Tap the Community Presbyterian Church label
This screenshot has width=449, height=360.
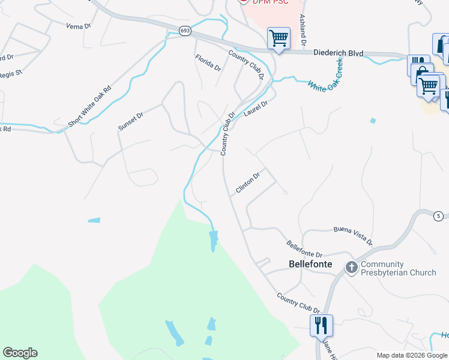coord(399,268)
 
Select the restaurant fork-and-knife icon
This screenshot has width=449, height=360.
coord(321,325)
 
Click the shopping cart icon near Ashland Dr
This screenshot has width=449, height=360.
coord(279,38)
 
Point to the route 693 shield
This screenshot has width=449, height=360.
coord(185,30)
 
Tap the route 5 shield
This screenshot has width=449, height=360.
coord(439,216)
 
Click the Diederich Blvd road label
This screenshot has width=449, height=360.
coord(339,53)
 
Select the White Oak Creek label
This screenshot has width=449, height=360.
coord(325,76)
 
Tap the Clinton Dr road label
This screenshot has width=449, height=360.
coord(247,182)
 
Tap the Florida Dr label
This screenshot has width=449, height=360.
coord(208,62)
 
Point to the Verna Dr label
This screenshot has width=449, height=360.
coord(78,26)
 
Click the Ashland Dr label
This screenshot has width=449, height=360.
coord(303,31)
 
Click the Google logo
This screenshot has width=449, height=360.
coord(20,353)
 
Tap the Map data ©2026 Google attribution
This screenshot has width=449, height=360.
coord(411,355)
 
